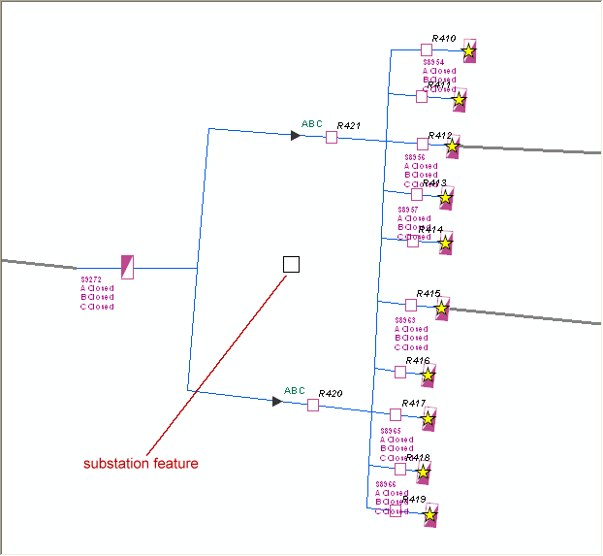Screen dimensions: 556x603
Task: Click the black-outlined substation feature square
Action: coord(291,264)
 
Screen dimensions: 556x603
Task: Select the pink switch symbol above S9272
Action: coord(127,267)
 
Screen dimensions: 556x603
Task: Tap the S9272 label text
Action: coord(91,278)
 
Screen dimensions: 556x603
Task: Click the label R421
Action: coord(348,126)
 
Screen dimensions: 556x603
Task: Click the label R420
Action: coord(330,394)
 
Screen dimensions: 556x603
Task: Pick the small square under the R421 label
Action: coord(332,138)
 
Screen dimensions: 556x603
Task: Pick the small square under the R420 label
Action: coord(313,405)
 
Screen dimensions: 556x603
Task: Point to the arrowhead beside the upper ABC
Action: coord(296,135)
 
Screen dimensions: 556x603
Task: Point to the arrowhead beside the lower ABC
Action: coord(277,401)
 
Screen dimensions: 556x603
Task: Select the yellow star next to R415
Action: coord(442,309)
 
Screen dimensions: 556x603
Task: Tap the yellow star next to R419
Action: coord(430,514)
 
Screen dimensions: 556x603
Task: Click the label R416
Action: coord(418,361)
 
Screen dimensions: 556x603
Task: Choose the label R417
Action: coord(414,404)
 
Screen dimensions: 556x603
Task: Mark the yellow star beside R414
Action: coord(446,243)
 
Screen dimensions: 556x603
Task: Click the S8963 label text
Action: coord(405,319)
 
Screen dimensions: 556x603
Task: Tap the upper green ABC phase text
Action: coord(312,124)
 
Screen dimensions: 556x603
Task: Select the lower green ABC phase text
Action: coord(295,392)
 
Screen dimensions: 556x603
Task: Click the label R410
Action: coord(444,39)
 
